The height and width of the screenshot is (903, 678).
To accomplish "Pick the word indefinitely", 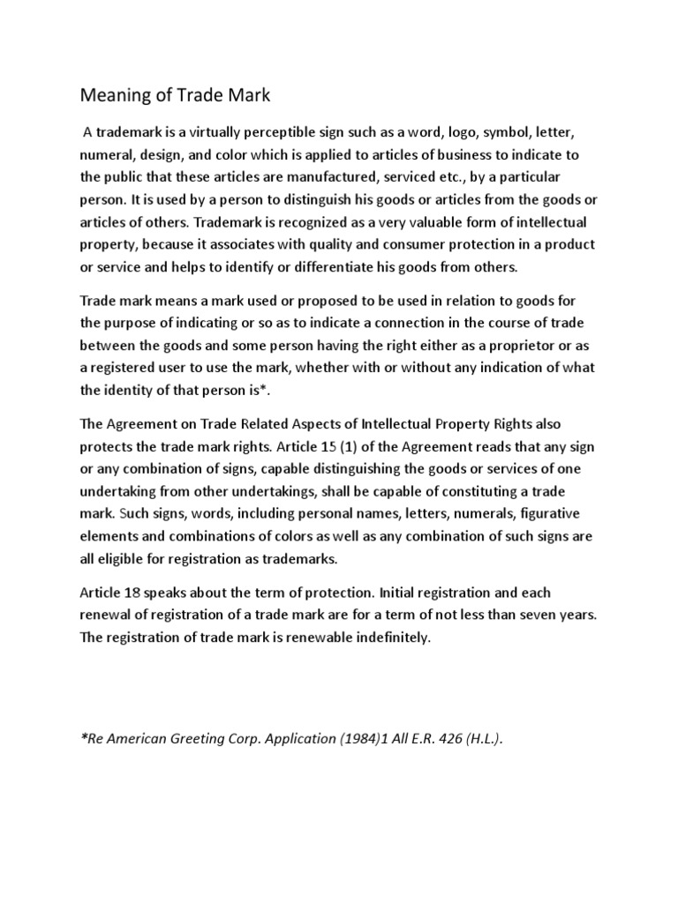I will coord(387,637).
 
